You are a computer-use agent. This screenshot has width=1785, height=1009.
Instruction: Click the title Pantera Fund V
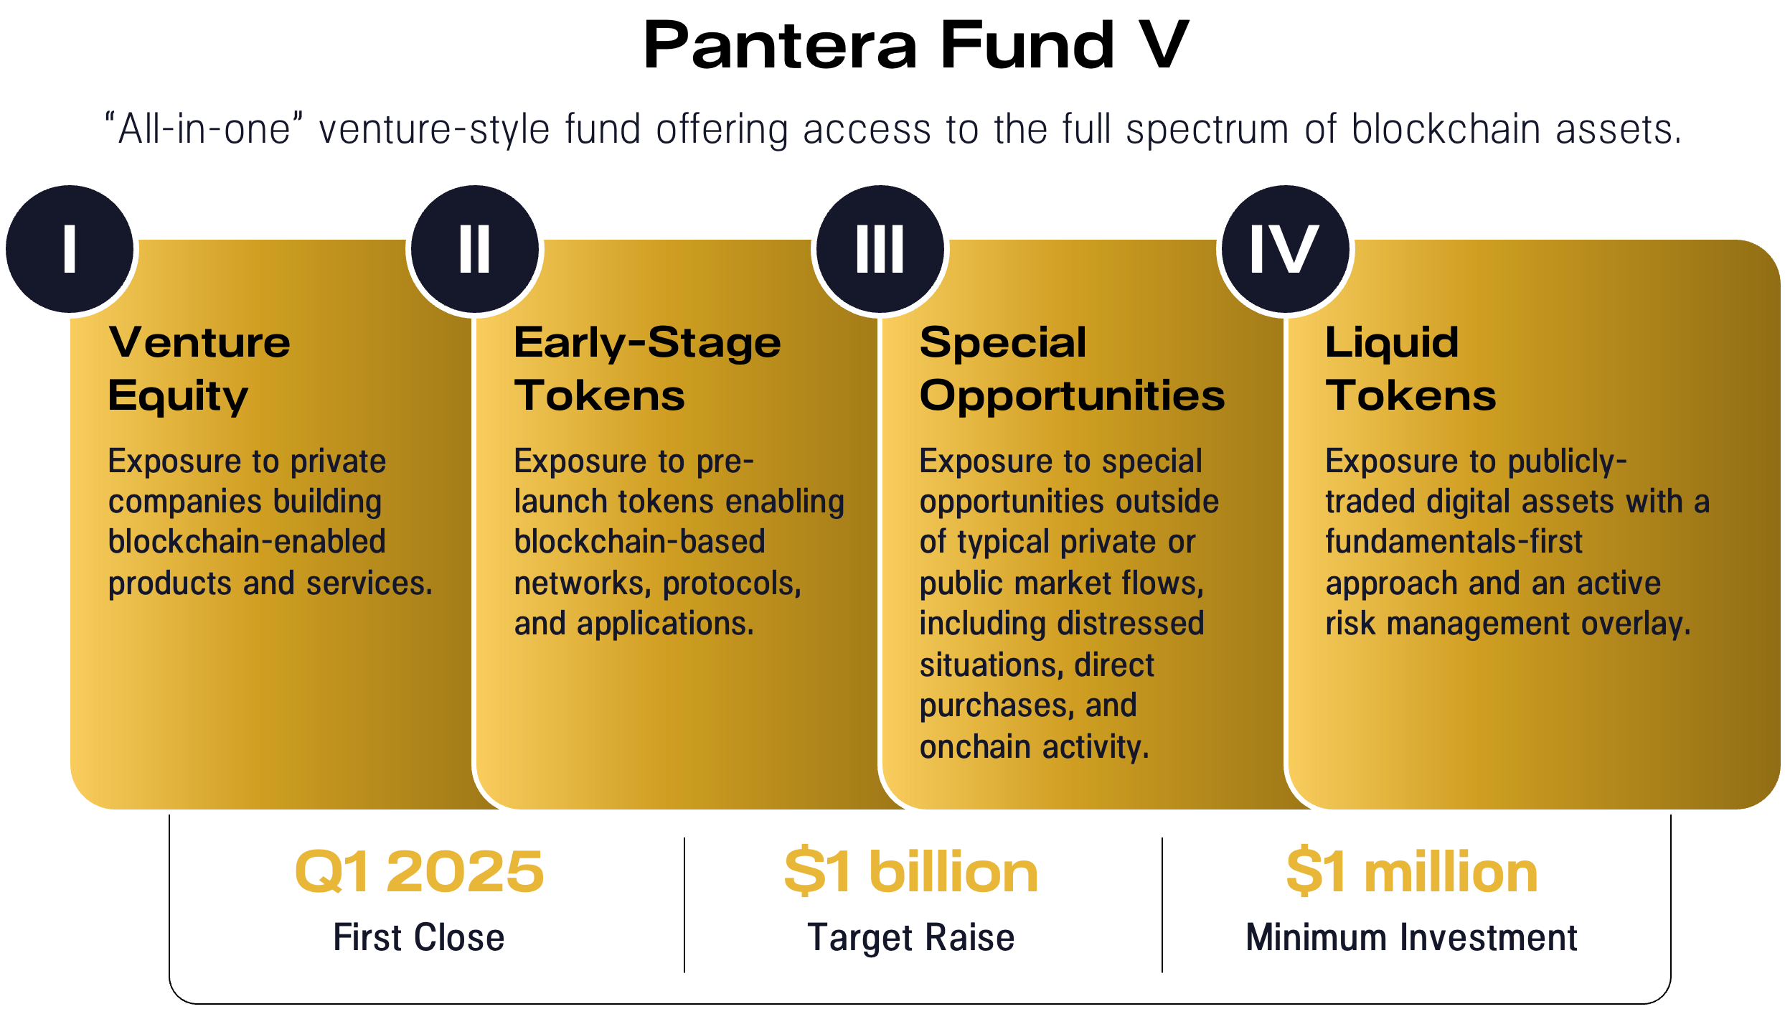point(915,46)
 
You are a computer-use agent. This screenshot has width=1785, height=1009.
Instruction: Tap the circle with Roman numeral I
point(70,249)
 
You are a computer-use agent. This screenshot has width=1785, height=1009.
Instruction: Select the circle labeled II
point(475,249)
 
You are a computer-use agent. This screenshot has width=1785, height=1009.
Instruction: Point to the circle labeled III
point(880,249)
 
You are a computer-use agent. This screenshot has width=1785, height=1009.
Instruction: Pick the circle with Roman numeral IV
point(1285,249)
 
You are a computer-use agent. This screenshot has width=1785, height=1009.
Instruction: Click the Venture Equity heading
point(199,368)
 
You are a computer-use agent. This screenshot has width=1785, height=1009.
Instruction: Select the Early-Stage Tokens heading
point(646,368)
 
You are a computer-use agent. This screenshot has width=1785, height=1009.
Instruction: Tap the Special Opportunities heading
point(1072,368)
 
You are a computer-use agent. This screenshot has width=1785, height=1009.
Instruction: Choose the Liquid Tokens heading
point(1410,368)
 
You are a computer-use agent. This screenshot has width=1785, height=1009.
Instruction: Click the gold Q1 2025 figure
point(419,871)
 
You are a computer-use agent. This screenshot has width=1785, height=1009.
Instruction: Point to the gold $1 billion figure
point(911,871)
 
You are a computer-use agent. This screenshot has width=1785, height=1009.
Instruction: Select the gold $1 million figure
point(1412,871)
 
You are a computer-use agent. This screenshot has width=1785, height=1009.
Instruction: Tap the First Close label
point(419,937)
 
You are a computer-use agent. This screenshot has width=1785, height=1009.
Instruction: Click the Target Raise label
point(911,937)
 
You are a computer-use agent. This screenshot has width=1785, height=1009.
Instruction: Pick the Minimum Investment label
point(1412,937)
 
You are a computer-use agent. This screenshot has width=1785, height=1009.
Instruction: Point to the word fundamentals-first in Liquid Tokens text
point(1454,542)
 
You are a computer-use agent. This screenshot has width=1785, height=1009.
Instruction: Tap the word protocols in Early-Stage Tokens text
point(732,583)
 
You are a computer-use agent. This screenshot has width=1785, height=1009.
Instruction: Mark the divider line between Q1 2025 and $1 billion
point(684,904)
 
